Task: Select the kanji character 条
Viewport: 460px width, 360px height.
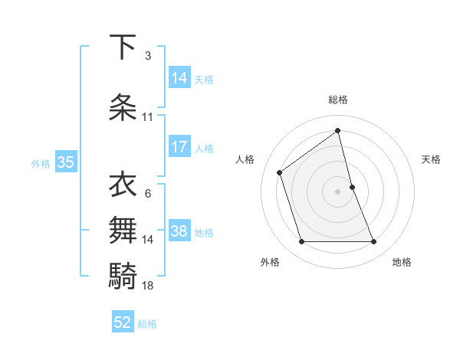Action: tap(123, 107)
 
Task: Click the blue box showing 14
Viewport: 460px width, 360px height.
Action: tap(179, 77)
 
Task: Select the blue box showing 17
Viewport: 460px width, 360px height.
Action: tap(179, 147)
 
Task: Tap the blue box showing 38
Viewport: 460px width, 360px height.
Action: tap(179, 232)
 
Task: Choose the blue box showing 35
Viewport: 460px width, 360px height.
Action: tap(65, 162)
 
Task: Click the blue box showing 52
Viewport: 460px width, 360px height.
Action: tap(123, 323)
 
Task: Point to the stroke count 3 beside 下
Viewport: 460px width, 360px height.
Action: tap(148, 55)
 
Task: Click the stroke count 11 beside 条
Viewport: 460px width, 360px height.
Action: tap(148, 117)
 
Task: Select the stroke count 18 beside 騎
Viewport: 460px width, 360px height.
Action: tap(148, 285)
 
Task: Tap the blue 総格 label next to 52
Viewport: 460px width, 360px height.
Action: tap(148, 324)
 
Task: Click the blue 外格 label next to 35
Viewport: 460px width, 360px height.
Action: tap(41, 163)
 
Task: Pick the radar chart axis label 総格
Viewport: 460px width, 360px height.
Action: tap(338, 100)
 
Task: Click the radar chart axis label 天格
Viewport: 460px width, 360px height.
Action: tap(432, 159)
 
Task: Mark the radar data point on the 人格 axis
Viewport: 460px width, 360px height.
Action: tap(280, 172)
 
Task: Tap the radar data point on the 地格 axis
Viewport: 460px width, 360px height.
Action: tap(374, 242)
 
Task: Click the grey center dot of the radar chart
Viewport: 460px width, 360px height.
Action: tap(338, 191)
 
